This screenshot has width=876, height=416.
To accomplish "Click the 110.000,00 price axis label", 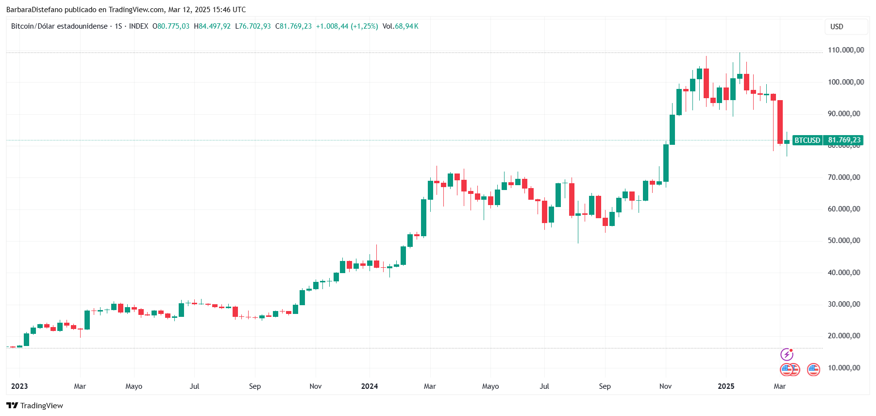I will tap(845, 50).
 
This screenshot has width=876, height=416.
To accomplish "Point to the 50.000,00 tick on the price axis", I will tap(845, 241).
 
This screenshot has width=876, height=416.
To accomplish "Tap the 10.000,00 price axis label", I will tap(845, 368).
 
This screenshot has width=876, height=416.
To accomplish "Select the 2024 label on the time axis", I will tap(370, 386).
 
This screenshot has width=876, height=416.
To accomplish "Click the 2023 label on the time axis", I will tap(19, 386).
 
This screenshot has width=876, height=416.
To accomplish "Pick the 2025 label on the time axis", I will tap(726, 386).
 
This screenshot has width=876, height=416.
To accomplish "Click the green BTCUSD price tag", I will tap(807, 140).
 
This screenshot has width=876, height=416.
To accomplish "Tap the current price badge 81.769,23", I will tap(844, 140).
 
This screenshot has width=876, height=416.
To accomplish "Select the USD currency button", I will tap(837, 27).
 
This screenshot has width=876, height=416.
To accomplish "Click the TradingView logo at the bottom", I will tap(34, 406).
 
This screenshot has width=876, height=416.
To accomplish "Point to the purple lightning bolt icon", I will tap(787, 354).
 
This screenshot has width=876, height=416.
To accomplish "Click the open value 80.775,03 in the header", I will tap(173, 26).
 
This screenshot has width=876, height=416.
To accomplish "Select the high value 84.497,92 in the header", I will tap(215, 26).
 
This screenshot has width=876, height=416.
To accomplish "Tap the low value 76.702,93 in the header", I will tap(255, 26).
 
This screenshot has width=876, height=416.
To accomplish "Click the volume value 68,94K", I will tap(406, 26).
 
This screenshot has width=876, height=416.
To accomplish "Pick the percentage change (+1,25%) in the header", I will tap(364, 26).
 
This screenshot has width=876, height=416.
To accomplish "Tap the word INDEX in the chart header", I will tap(139, 26).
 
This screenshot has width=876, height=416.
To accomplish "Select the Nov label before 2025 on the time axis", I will tap(665, 386).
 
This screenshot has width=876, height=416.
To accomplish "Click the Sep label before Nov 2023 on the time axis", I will tap(255, 386).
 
